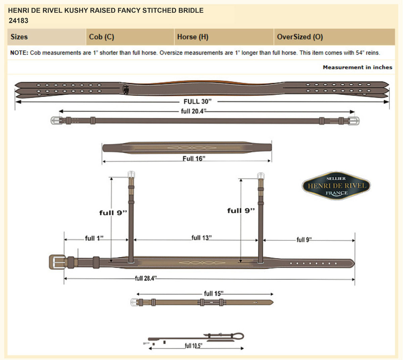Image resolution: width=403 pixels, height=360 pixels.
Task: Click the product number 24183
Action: click(x=18, y=21)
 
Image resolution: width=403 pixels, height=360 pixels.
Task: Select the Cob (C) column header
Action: click(x=101, y=37)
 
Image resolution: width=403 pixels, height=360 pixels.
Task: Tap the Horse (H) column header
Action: click(x=193, y=37)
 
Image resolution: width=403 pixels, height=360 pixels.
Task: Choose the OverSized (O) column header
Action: click(x=300, y=37)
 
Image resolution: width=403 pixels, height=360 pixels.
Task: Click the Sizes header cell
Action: click(x=19, y=37)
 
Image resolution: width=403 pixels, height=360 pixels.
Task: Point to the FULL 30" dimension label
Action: click(x=197, y=102)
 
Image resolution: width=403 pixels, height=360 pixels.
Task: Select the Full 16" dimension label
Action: click(x=194, y=159)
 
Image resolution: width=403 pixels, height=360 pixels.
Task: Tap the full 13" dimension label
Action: click(x=201, y=238)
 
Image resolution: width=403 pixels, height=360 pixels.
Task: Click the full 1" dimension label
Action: click(x=94, y=238)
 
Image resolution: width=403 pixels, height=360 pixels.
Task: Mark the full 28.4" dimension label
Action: click(x=146, y=278)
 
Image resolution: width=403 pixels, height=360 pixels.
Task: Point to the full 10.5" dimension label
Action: click(x=193, y=346)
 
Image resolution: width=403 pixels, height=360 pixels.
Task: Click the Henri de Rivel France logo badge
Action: click(x=336, y=186)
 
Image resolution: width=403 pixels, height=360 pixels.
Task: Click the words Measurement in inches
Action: click(x=357, y=67)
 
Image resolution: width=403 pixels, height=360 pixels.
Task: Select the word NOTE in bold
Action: click(x=19, y=53)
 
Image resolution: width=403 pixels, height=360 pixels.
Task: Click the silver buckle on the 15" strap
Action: click(x=135, y=302)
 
